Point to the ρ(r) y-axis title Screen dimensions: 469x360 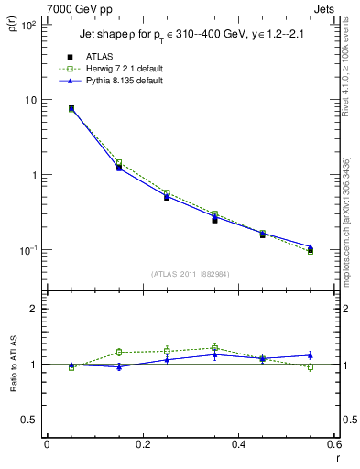(x=14, y=22)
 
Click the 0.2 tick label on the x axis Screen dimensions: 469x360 (x=142, y=445)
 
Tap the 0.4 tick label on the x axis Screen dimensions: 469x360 (x=238, y=445)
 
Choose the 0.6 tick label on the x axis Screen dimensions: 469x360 (x=333, y=445)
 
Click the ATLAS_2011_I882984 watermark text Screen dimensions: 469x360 (x=191, y=274)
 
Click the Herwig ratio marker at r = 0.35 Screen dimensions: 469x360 (x=214, y=348)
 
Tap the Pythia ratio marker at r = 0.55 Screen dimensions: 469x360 (x=311, y=354)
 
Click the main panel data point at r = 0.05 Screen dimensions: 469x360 (x=71, y=108)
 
